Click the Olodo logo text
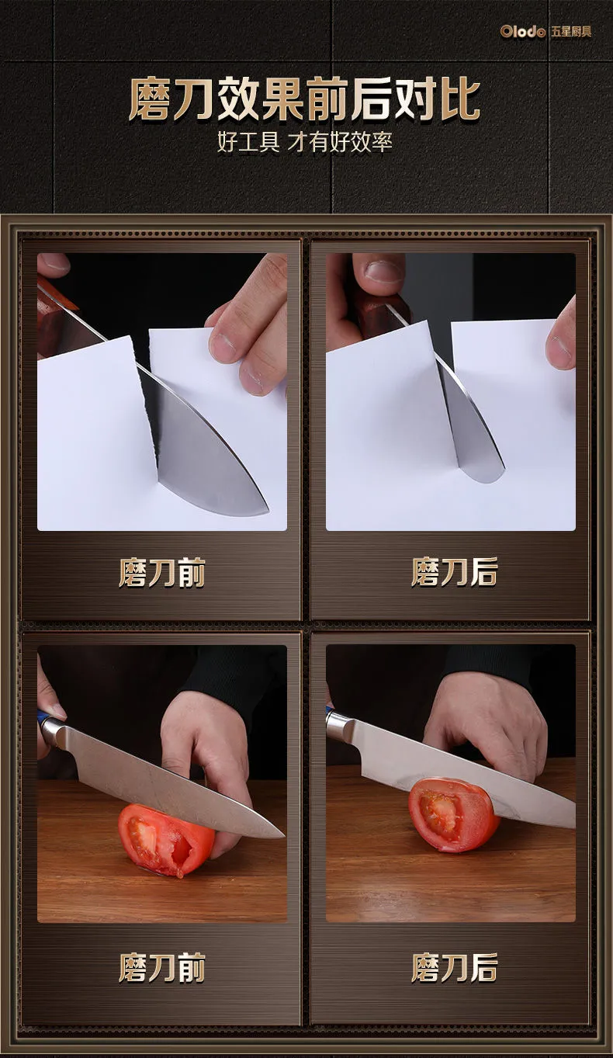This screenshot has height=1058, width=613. (522, 32)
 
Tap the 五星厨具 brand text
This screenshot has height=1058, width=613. (571, 32)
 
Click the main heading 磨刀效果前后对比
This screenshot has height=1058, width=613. (305, 99)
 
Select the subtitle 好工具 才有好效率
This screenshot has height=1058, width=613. (305, 142)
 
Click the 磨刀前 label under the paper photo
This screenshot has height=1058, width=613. (162, 572)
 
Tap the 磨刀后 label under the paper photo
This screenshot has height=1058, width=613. (455, 571)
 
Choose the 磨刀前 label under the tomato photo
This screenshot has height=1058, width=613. (162, 967)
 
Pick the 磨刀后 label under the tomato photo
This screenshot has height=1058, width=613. (455, 967)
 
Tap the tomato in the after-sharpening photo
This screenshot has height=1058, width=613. (452, 814)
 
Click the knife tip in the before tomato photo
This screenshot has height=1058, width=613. (282, 836)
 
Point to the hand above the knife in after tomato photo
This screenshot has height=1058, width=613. (487, 723)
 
